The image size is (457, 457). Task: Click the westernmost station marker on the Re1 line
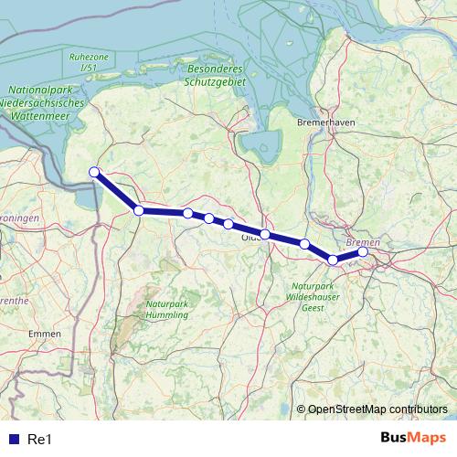tap(93, 172)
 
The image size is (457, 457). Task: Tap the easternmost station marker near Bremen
tap(363, 251)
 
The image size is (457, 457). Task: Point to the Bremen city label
tap(363, 241)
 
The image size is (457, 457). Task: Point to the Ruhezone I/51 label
tap(88, 62)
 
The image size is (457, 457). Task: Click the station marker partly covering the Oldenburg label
tap(265, 235)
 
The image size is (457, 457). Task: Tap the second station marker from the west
tap(139, 210)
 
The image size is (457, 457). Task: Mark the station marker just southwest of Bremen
tap(333, 260)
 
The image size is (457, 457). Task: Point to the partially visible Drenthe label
tap(11, 300)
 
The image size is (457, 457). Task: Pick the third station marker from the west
tap(187, 213)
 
